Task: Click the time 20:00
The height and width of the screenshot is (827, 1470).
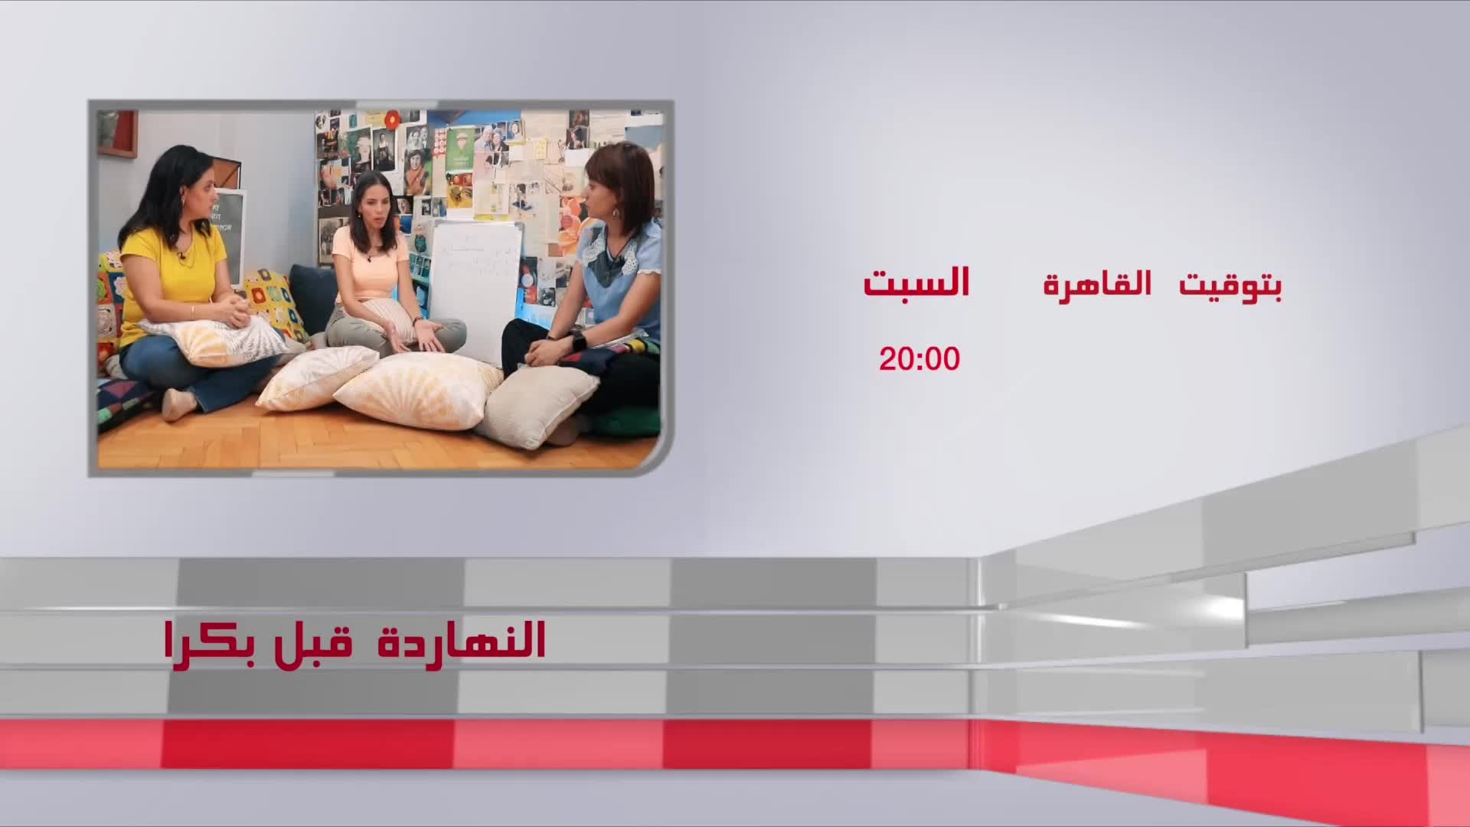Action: pyautogui.click(x=919, y=358)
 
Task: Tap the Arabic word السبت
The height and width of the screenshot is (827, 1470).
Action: pyautogui.click(x=916, y=283)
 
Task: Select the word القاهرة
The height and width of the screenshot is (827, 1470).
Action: pyautogui.click(x=1097, y=284)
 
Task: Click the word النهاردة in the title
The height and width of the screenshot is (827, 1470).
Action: pyautogui.click(x=462, y=640)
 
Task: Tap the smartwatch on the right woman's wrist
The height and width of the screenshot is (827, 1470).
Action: pyautogui.click(x=579, y=340)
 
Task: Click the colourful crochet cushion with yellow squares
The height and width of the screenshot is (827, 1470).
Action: pyautogui.click(x=276, y=302)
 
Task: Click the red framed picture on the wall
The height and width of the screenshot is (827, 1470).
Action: pyautogui.click(x=117, y=134)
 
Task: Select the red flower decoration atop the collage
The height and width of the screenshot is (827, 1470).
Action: pyautogui.click(x=392, y=119)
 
